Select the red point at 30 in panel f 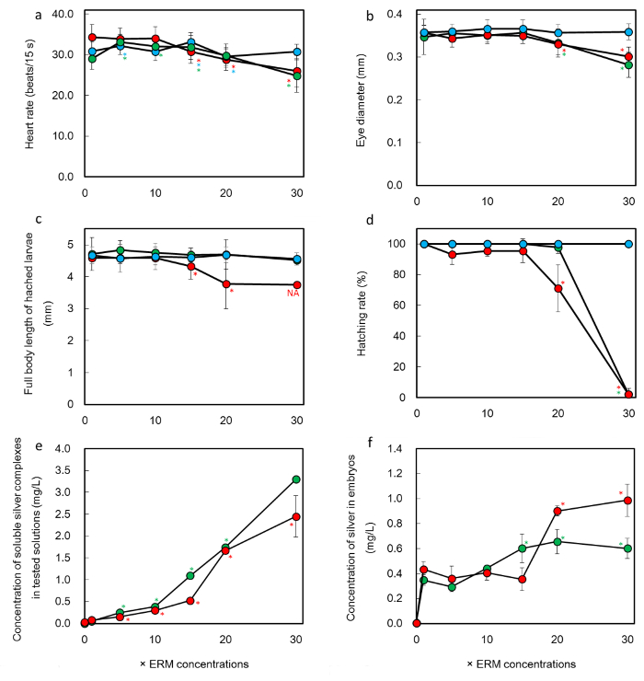pos(628,500)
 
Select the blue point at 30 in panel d pos(628,244)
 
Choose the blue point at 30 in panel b pos(628,32)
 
